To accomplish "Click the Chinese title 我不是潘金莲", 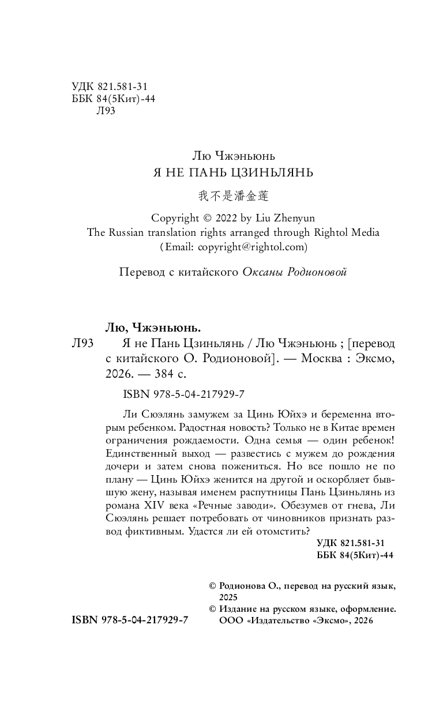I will pos(233,197).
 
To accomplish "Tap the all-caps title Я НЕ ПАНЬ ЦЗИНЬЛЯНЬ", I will pos(233,172).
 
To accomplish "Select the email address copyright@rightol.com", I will pos(253,247).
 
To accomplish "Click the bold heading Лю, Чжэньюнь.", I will pos(154,327).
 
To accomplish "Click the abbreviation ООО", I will pos(230,620).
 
